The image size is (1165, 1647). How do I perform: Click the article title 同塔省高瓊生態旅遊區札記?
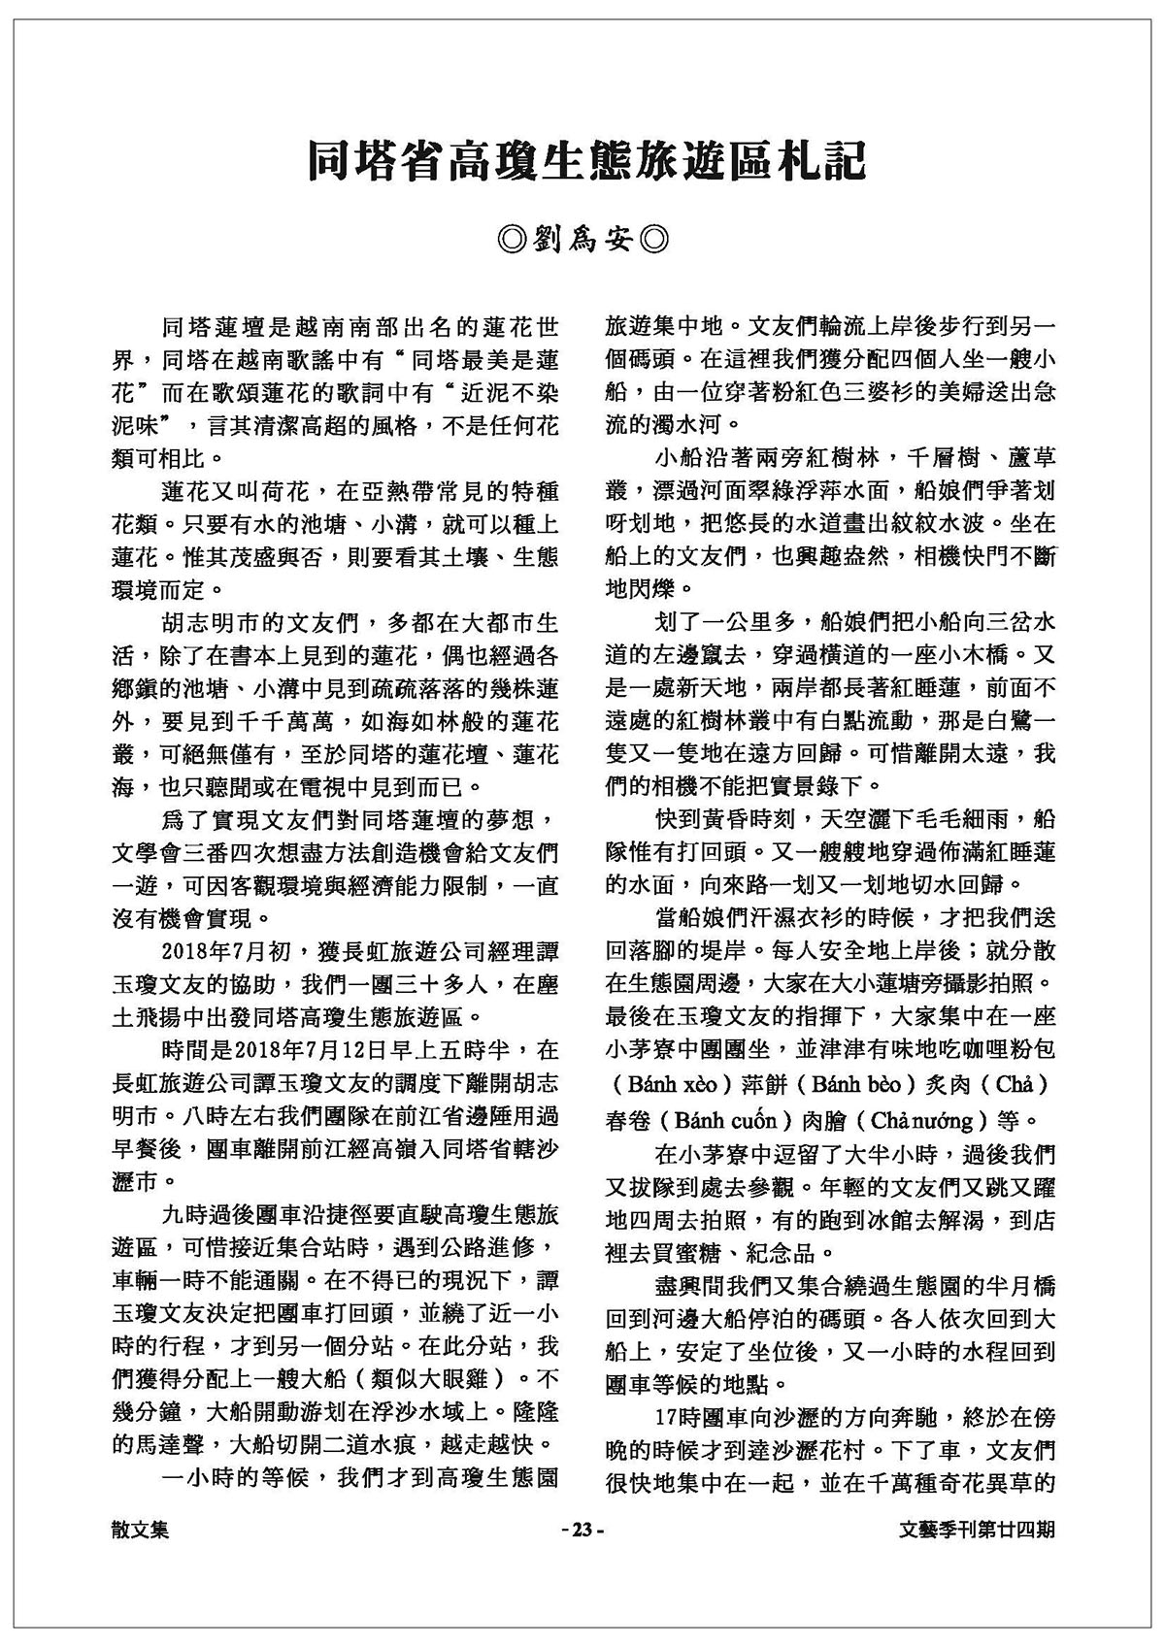tap(584, 161)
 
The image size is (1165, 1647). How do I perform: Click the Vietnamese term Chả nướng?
tap(913, 1121)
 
